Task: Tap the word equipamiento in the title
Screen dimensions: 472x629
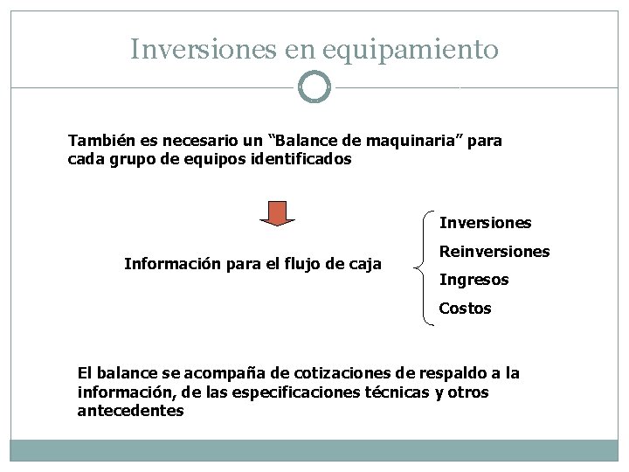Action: tap(411, 51)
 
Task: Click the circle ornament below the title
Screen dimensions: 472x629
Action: tap(314, 87)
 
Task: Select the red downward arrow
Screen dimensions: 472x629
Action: tap(278, 213)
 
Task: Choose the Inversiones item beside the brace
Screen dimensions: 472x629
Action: tap(485, 223)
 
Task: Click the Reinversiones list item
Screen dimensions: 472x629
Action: tap(494, 252)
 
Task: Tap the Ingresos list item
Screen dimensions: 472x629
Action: tap(473, 280)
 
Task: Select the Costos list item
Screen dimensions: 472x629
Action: tap(465, 308)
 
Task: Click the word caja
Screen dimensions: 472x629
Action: tap(363, 263)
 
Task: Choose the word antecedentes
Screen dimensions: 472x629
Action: tap(130, 411)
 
